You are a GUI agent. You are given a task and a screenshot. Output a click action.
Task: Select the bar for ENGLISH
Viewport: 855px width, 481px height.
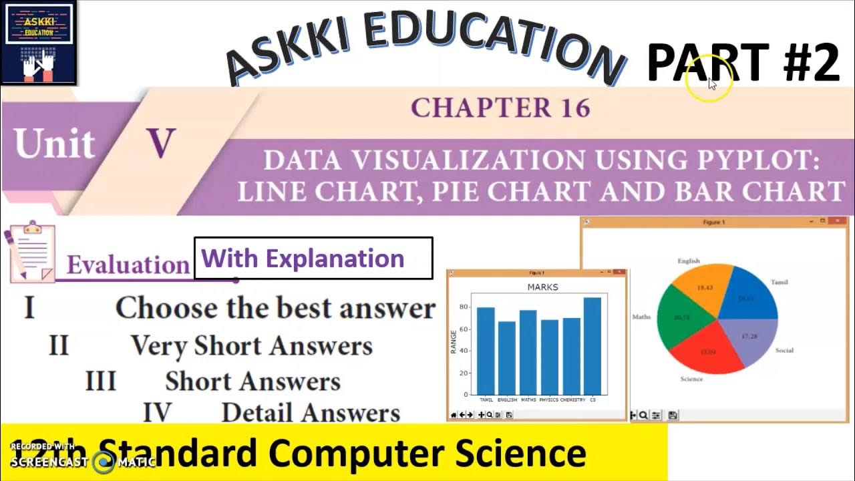tap(507, 358)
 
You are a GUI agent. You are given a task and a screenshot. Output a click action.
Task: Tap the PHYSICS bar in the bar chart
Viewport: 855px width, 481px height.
tap(549, 357)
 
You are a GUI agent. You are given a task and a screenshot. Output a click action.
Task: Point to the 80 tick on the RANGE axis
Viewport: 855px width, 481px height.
tap(464, 308)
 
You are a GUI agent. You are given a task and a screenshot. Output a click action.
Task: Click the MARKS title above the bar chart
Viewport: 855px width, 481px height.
tap(542, 287)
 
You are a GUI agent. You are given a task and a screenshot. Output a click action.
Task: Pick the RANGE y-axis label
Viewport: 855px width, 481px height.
tap(454, 341)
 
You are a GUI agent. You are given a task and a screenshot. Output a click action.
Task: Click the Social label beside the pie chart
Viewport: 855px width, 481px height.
tap(784, 350)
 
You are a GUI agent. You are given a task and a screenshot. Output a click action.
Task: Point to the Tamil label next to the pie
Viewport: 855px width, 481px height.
tap(779, 282)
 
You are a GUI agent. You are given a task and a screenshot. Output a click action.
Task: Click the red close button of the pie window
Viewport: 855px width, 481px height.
tap(844, 221)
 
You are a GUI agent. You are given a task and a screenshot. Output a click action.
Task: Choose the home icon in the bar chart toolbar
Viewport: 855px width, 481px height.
tap(454, 415)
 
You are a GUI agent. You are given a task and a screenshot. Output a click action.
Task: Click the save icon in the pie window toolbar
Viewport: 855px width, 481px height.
tap(673, 416)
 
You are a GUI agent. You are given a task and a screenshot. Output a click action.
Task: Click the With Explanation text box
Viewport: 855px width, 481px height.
tap(313, 259)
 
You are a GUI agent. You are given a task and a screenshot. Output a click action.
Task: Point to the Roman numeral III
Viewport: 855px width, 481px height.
tap(100, 381)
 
